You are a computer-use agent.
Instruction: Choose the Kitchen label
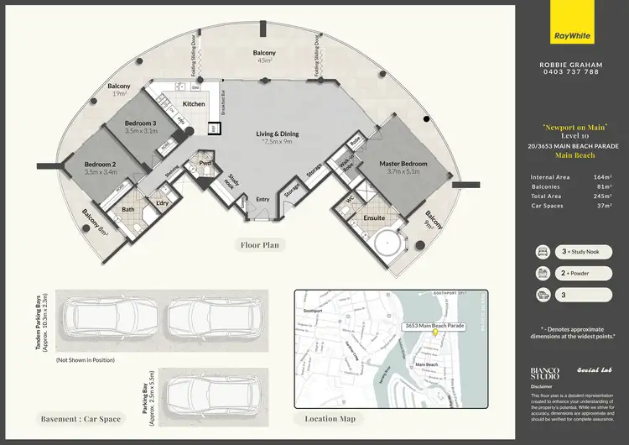pos(194,104)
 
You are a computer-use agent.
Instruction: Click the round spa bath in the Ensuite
pos(386,243)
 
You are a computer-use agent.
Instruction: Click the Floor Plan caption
pos(260,246)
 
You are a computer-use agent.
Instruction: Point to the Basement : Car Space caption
pos(81,418)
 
